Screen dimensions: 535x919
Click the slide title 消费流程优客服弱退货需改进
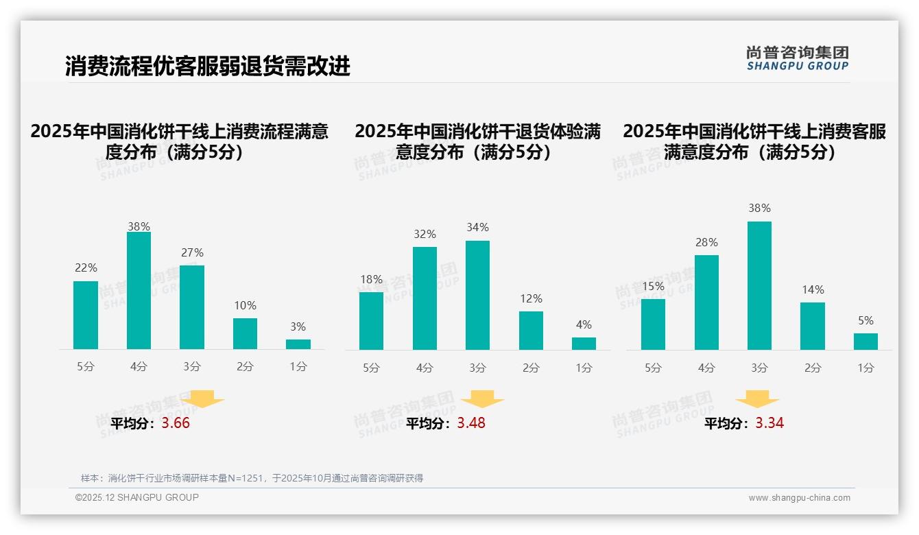(x=207, y=66)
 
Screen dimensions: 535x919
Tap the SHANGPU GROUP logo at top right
(x=797, y=58)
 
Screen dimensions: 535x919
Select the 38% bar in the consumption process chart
(x=139, y=291)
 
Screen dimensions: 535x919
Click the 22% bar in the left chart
(x=86, y=315)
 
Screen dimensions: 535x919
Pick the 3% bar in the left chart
(x=298, y=344)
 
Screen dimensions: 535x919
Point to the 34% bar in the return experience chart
(x=477, y=295)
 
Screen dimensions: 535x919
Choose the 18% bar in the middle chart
(x=371, y=321)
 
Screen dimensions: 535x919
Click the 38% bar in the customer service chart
(x=759, y=285)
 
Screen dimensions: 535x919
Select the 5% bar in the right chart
(x=866, y=342)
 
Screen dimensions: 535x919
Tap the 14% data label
(x=813, y=290)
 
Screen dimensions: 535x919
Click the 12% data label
(x=531, y=299)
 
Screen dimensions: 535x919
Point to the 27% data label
(x=192, y=253)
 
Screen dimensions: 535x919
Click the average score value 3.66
(x=176, y=423)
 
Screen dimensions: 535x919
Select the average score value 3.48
(x=471, y=423)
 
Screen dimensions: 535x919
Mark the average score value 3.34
(x=769, y=423)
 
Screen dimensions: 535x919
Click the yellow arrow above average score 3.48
(x=482, y=399)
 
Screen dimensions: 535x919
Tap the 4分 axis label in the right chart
(x=706, y=368)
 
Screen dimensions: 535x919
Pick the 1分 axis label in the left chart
(x=298, y=367)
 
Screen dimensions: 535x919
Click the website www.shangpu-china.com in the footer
(x=799, y=498)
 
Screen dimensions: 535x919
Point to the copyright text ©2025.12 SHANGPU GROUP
(x=137, y=497)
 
